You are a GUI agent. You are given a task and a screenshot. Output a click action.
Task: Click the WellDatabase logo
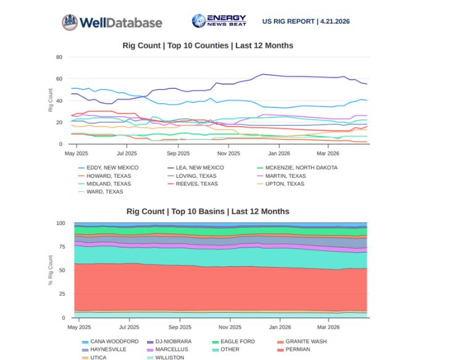[112, 23]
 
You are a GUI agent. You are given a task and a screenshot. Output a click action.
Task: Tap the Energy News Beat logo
[219, 21]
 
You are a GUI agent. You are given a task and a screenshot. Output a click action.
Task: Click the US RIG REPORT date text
[306, 21]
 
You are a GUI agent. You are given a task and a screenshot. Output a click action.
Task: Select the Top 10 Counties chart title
[207, 46]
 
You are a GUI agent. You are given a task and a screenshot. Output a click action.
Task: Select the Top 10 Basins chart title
[207, 211]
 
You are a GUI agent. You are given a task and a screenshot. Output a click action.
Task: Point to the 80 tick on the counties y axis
[59, 57]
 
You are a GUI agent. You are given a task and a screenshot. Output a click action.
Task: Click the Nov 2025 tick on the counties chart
[228, 153]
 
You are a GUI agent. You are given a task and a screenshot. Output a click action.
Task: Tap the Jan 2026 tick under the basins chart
[280, 327]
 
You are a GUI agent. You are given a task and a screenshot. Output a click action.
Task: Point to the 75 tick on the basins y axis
[61, 246]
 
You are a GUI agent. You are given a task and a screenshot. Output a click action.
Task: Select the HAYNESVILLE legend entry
[107, 349]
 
